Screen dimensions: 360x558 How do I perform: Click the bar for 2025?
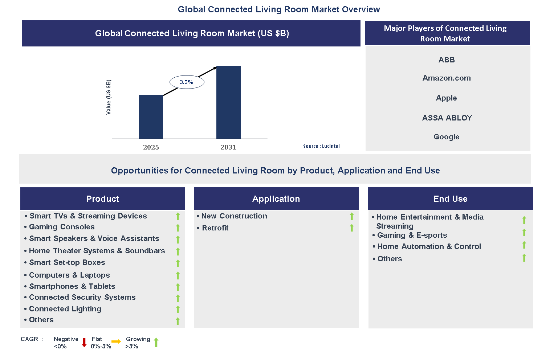point(151,116)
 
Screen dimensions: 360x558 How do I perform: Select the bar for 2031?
point(228,102)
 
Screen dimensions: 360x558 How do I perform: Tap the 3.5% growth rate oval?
point(187,82)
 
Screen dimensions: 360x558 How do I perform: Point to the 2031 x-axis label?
point(228,147)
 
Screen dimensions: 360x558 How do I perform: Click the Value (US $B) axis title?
point(108,97)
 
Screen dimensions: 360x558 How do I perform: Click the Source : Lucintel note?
point(321,146)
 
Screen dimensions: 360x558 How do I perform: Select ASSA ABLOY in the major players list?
point(447,118)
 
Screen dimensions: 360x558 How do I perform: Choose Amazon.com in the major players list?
point(447,78)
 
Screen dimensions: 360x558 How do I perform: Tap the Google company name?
point(446,137)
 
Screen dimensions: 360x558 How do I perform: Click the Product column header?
point(102,199)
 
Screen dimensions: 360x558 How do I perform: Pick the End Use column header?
point(450,199)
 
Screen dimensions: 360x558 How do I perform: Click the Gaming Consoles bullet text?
point(62,227)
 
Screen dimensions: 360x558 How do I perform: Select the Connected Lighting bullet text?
point(65,309)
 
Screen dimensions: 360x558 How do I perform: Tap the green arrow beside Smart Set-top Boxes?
point(178,263)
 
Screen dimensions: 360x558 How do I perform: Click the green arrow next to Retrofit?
point(351,228)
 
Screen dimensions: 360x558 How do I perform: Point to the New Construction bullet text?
point(234,216)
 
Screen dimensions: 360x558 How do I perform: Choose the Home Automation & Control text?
point(429,246)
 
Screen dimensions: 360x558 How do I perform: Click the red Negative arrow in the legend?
point(84,342)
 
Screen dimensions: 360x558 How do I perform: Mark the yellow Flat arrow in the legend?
point(116,341)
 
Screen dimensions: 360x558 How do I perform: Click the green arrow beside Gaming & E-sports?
point(524,233)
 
